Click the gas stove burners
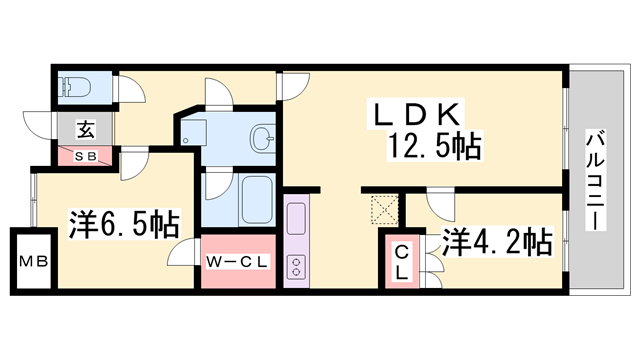[x=298, y=266]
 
